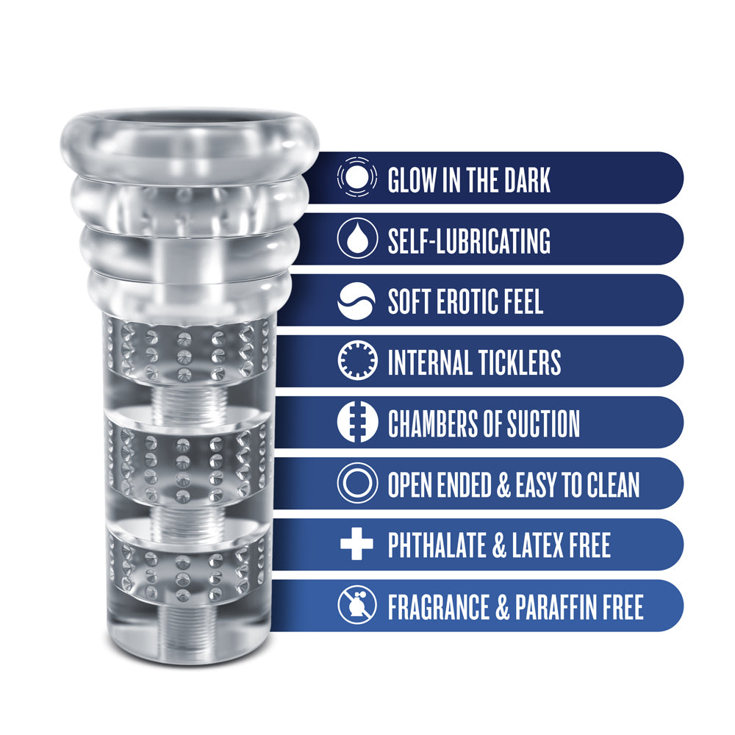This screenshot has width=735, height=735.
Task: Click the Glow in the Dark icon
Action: [x=357, y=179]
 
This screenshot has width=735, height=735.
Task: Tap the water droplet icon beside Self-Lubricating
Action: [x=357, y=240]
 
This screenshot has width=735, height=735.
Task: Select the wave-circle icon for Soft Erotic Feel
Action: [x=357, y=301]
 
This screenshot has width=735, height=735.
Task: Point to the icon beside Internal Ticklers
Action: [x=357, y=362]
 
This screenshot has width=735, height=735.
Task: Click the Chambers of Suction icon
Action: [x=357, y=423]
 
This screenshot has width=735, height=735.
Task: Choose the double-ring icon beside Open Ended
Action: [x=357, y=484]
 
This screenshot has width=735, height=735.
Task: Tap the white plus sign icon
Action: [x=357, y=545]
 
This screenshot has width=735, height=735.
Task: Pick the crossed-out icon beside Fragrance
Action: [x=357, y=606]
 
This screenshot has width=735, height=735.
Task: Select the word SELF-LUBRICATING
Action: [x=469, y=240]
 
